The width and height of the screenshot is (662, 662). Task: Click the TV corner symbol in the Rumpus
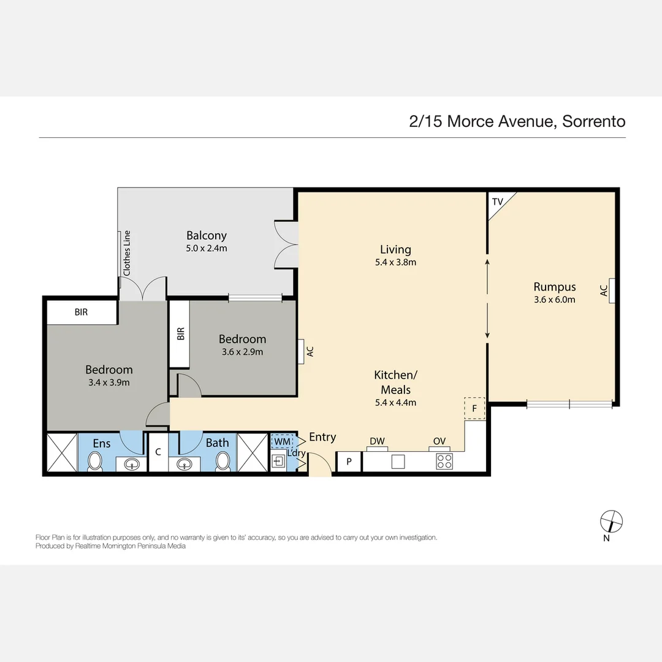click(x=498, y=202)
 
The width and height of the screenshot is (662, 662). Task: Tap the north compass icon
click(x=611, y=521)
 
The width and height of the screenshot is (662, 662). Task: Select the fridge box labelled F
click(x=474, y=408)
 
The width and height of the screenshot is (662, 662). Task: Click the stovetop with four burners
click(x=444, y=462)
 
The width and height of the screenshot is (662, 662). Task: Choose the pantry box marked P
click(x=349, y=462)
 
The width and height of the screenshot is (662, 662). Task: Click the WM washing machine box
click(x=283, y=441)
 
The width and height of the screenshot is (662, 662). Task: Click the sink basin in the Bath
click(x=186, y=465)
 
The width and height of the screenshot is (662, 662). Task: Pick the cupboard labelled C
click(x=158, y=452)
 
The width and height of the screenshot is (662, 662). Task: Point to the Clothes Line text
click(x=127, y=252)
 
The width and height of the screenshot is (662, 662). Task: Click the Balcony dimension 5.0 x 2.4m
click(x=207, y=248)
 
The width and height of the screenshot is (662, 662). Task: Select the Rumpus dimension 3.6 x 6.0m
click(x=554, y=300)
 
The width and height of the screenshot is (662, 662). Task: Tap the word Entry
click(x=322, y=437)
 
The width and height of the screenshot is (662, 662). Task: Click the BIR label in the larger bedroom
click(x=81, y=312)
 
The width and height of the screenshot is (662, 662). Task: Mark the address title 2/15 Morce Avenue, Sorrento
click(x=517, y=121)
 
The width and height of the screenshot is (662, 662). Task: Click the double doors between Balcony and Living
click(x=286, y=243)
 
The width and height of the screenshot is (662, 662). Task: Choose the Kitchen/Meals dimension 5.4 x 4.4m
click(x=395, y=403)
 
